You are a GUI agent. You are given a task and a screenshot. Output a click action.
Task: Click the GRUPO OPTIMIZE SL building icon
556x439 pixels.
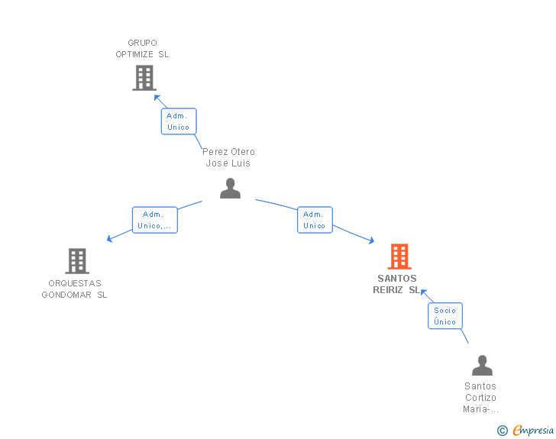click(144, 78)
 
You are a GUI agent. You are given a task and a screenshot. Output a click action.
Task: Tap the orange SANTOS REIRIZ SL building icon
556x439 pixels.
click(399, 257)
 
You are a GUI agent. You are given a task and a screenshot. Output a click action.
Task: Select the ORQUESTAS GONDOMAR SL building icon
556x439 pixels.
click(77, 261)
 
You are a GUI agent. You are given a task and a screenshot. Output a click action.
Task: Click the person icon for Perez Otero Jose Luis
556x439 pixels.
click(230, 189)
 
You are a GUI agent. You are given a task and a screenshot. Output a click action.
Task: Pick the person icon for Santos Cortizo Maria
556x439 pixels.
click(482, 365)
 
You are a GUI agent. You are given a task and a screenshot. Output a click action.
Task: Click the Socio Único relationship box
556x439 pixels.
click(445, 316)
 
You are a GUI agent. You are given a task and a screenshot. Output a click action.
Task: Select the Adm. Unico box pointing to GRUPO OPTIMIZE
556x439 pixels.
click(179, 121)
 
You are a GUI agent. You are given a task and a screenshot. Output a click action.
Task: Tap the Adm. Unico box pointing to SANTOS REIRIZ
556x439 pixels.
click(315, 220)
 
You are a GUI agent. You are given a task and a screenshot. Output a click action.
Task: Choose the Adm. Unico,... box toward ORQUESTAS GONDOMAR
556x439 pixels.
click(155, 220)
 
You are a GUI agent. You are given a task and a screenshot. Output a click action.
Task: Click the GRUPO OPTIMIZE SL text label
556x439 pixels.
click(142, 49)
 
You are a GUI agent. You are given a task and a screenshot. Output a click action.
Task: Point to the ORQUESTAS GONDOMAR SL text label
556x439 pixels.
click(75, 289)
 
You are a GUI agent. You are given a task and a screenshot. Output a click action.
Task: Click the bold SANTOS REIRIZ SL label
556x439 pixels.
click(396, 284)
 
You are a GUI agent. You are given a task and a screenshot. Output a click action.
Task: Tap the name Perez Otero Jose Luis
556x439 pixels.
click(228, 157)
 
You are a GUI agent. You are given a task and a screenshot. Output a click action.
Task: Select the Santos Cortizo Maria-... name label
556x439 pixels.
click(481, 398)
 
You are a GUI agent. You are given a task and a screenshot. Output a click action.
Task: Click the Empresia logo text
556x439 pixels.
click(533, 430)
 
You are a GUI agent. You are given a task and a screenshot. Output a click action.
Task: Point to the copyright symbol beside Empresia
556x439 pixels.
click(503, 431)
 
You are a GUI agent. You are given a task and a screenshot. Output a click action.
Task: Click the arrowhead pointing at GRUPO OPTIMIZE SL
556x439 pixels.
click(157, 98)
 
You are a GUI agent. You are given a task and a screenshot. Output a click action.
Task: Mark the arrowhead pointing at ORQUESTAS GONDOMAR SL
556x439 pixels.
click(109, 239)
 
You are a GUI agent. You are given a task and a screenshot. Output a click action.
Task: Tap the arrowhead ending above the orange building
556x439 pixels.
click(372, 240)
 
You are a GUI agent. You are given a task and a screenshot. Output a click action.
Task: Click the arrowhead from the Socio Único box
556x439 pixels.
click(423, 292)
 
